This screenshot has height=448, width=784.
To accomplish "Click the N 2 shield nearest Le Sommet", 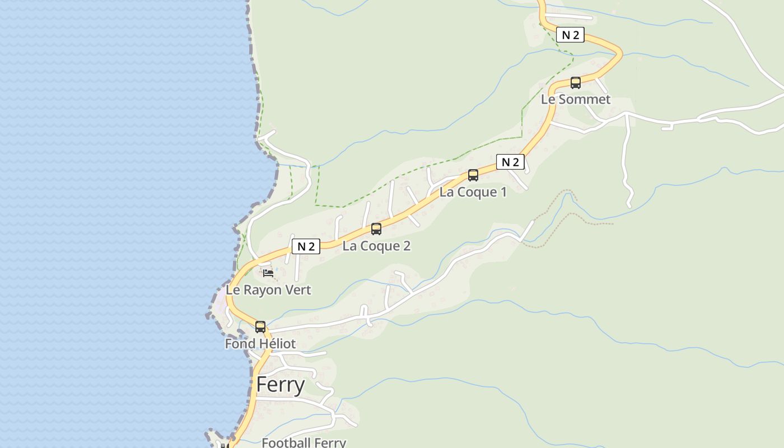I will (x=570, y=35).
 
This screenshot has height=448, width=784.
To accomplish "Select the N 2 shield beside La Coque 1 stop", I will (x=510, y=162).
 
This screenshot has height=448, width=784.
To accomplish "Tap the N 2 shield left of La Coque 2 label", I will (x=306, y=246).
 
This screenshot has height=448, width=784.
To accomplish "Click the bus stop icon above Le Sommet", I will (x=575, y=83).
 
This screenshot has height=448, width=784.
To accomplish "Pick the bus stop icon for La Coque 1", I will (x=473, y=175).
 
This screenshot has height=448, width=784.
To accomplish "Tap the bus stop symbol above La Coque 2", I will (x=376, y=229).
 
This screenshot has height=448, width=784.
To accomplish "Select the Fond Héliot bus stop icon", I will (x=260, y=327).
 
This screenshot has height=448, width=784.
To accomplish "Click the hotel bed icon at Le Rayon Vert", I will (x=268, y=273).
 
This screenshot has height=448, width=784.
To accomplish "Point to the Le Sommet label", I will (x=575, y=100).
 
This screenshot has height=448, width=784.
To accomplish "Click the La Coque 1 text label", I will (x=473, y=192).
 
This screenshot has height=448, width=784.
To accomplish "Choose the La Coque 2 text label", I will (x=376, y=246).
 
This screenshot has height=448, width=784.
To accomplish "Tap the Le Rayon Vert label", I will (x=268, y=290).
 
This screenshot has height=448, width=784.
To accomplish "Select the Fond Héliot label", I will (x=260, y=344).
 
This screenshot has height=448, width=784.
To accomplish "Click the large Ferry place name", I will (x=281, y=385).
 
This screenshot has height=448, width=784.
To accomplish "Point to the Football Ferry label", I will (x=304, y=442).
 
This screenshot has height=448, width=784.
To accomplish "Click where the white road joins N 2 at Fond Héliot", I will (x=268, y=332).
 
